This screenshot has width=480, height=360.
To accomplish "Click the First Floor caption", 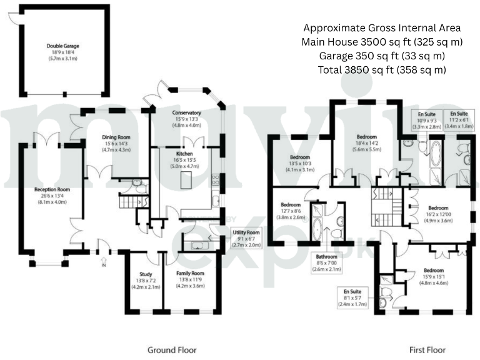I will pyautogui.click(x=427, y=349).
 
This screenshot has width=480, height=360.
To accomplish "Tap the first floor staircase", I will pyautogui.click(x=383, y=202).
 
